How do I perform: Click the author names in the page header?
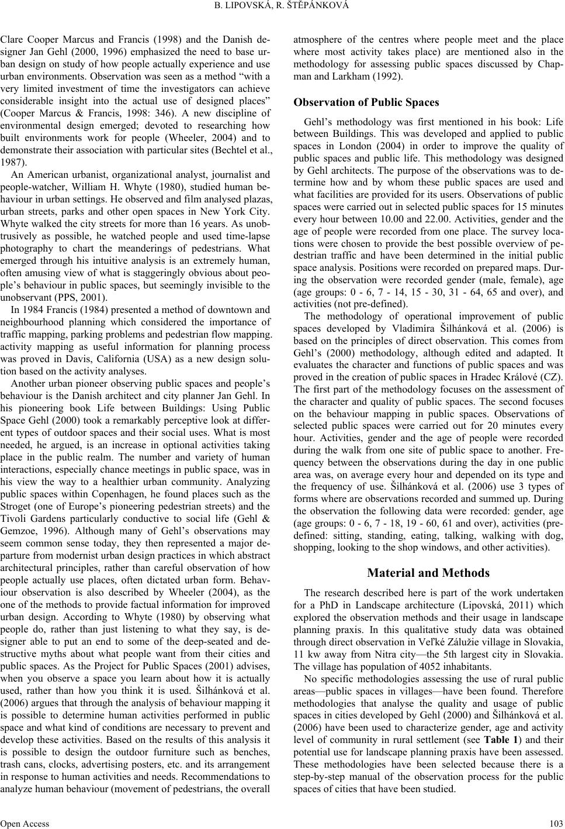click(282, 6)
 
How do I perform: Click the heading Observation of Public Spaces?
click(366, 102)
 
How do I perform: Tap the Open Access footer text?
click(25, 823)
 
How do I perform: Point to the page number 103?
click(556, 823)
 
